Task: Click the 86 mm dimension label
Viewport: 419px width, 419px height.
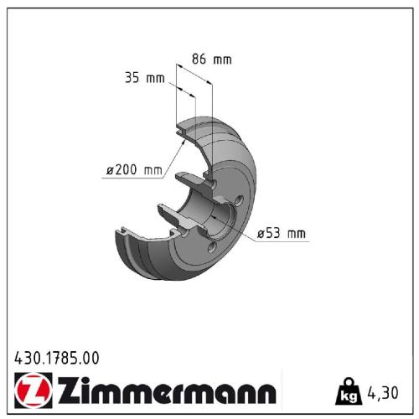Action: pyautogui.click(x=211, y=59)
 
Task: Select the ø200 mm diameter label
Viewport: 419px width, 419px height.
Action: pyautogui.click(x=133, y=170)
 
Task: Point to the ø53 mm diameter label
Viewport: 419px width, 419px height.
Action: pyautogui.click(x=281, y=234)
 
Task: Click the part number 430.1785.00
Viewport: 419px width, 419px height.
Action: pyautogui.click(x=57, y=358)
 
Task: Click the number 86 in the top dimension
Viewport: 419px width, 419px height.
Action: pyautogui.click(x=200, y=59)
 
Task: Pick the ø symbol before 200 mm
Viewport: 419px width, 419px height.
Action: pyautogui.click(x=110, y=171)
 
